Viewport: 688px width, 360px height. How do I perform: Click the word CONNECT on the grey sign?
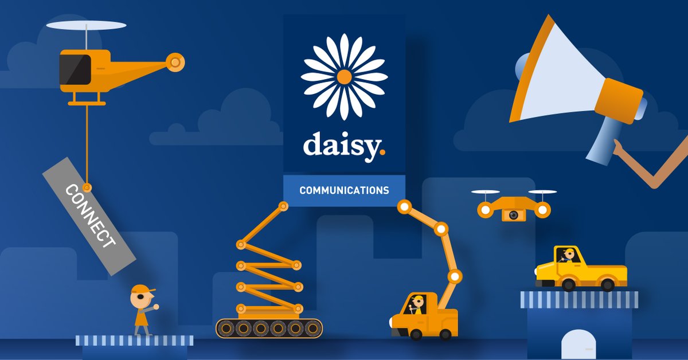pos(91,216)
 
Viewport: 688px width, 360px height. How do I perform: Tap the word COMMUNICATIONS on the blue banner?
pos(344,190)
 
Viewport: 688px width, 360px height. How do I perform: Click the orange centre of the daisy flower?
pos(344,77)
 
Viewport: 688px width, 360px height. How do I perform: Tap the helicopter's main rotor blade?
pos(86,25)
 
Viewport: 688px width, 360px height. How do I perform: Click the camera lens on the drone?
pos(514,215)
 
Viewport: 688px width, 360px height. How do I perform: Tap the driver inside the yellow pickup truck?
pos(568,255)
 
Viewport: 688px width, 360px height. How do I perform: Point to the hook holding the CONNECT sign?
pos(87,187)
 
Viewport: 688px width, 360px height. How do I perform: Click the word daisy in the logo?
pos(341,146)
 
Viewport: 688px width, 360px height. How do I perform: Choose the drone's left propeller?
pos(485,192)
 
